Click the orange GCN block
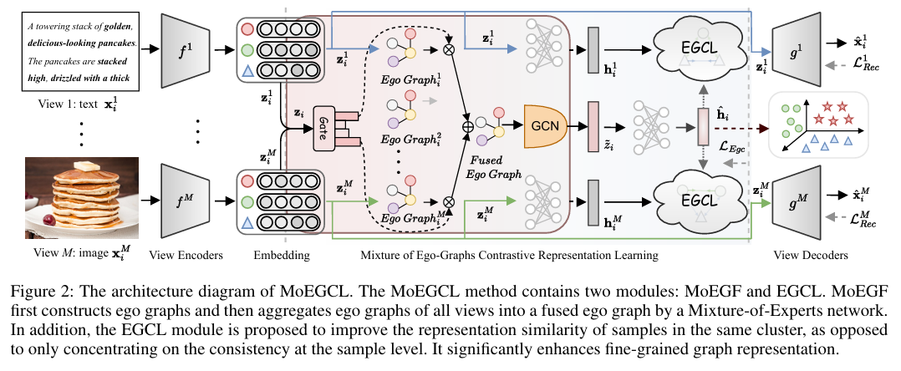tap(546, 127)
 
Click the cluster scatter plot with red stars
tap(817, 125)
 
